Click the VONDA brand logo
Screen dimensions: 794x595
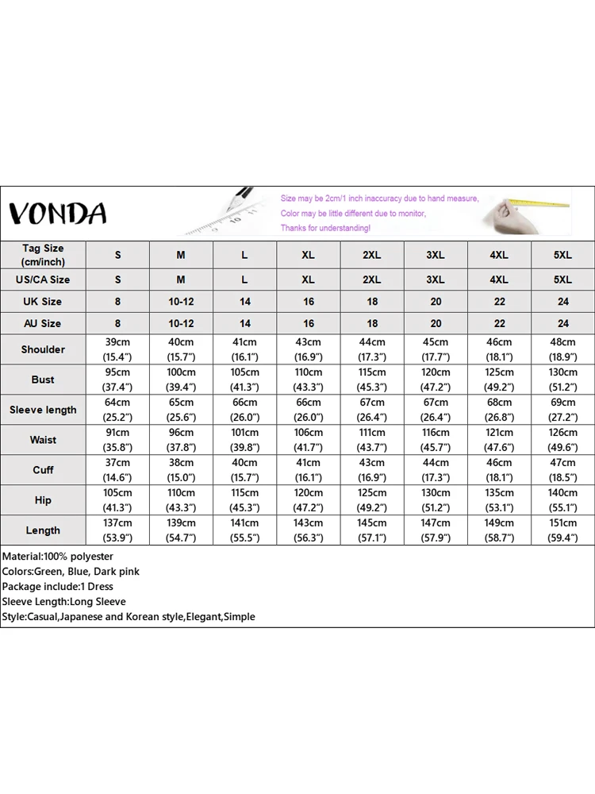57,213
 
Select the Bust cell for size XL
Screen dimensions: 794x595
308,380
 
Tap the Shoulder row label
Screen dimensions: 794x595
43,349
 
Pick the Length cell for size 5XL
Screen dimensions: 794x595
562,530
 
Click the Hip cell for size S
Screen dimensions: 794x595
117,500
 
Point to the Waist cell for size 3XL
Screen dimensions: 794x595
436,440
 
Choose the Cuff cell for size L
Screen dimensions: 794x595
244,470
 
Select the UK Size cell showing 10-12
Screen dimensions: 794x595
181,302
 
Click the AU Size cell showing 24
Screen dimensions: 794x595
562,323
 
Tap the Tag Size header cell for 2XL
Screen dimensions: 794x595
372,255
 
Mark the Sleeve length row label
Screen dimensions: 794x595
43,410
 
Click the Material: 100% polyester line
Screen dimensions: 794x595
58,557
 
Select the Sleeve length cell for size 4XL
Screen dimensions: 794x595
499,410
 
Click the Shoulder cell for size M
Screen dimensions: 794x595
181,349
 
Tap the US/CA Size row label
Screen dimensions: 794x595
43,279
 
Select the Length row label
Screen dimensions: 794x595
43,530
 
